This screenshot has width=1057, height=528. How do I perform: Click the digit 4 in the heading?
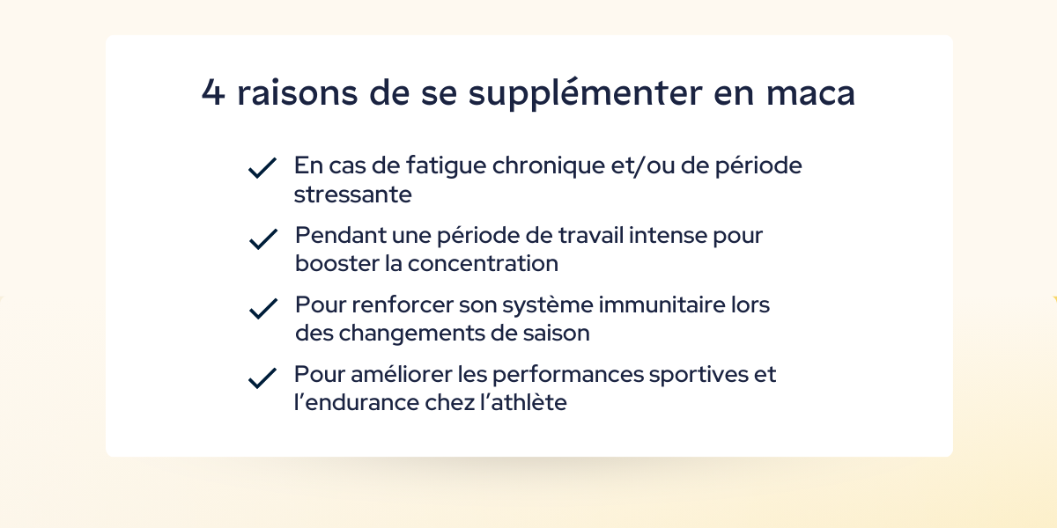213,93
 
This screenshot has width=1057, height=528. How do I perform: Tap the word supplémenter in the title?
585,93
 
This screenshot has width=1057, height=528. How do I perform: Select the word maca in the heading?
810,93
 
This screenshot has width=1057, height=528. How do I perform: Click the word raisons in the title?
298,93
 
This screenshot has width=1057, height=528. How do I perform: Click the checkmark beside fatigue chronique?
262,168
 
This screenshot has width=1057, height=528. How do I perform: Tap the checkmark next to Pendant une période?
263,239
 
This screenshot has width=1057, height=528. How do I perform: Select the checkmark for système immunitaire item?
263,309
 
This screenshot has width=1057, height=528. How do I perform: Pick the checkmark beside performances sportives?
262,378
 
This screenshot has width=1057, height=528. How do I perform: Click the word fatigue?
446,166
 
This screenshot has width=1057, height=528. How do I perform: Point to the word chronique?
548,166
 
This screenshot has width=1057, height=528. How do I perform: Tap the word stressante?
353,194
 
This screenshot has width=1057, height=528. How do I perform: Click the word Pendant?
340,235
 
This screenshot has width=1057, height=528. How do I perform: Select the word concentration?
483,263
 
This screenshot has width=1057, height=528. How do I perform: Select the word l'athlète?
523,403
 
